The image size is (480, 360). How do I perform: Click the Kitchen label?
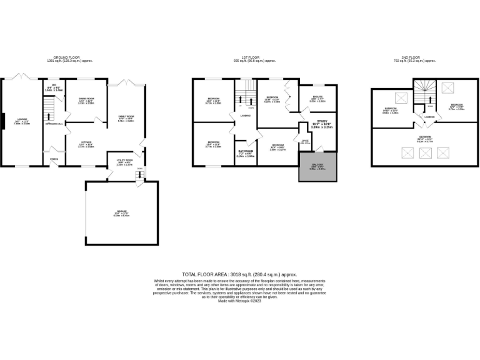(86, 143)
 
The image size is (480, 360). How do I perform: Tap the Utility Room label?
(124, 162)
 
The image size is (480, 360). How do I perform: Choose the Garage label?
(121, 213)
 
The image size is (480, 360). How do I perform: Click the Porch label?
(54, 158)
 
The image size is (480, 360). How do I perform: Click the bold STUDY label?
(322, 123)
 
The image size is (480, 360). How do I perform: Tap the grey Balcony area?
(318, 167)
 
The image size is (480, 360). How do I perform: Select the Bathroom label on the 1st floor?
(246, 152)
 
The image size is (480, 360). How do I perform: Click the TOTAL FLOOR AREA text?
(239, 274)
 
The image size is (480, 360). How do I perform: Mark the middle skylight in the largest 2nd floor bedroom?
(425, 152)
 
